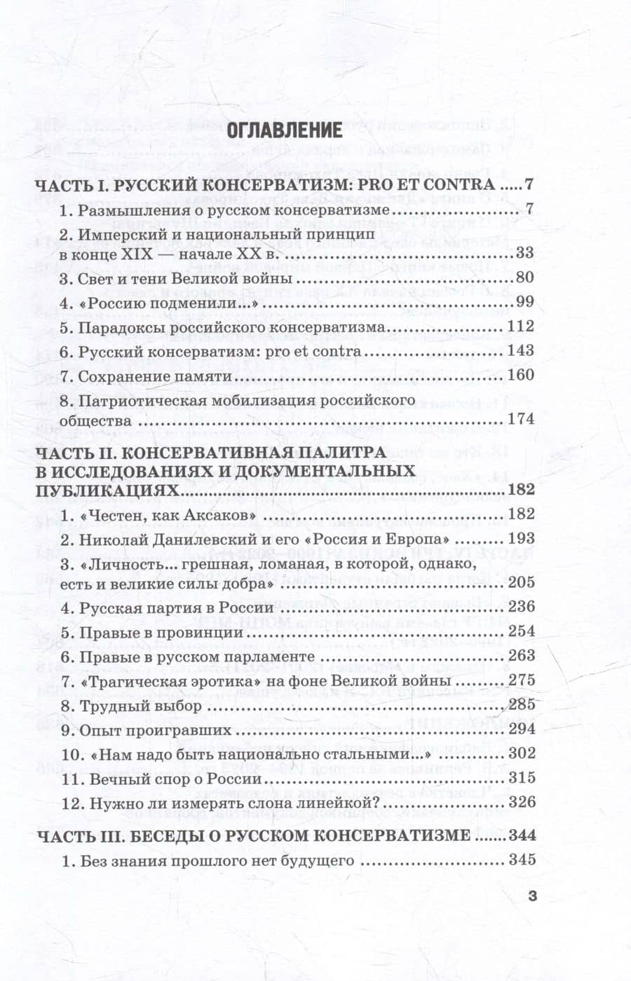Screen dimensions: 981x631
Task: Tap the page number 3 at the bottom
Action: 531,896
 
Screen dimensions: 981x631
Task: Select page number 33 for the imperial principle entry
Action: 524,254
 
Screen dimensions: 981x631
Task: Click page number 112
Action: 519,327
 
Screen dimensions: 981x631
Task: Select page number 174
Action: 519,419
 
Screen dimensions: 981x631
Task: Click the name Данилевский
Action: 203,539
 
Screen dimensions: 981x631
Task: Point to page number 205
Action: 519,582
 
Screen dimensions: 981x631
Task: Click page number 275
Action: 519,680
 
